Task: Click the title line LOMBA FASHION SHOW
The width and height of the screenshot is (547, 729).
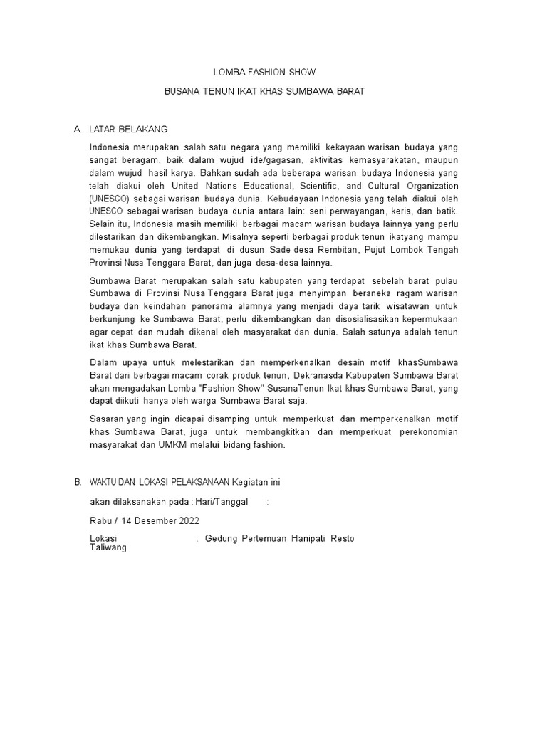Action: point(264,73)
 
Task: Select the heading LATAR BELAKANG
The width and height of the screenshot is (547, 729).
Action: point(128,130)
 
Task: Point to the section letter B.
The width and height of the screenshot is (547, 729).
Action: point(77,482)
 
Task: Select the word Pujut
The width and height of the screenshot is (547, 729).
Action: point(379,251)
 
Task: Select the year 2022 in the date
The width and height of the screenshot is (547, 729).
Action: point(184,520)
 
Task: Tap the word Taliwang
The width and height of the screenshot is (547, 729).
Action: point(108,548)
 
